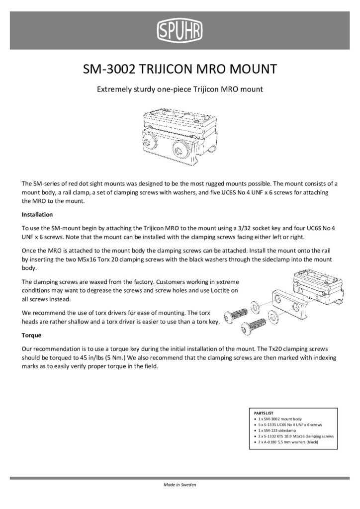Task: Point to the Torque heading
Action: tap(31, 336)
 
